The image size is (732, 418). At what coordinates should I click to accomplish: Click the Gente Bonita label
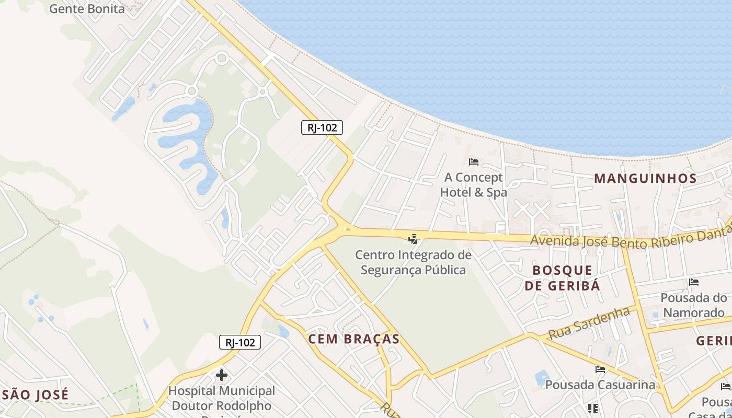tap(87, 8)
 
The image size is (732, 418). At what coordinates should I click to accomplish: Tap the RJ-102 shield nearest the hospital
tap(239, 343)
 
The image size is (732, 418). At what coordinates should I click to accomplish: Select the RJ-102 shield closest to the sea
tap(322, 127)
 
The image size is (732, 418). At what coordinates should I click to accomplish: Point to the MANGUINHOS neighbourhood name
tap(645, 179)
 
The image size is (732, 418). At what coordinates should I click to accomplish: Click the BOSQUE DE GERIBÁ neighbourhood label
tap(563, 278)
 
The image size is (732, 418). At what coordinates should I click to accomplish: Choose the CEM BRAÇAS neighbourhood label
tap(354, 339)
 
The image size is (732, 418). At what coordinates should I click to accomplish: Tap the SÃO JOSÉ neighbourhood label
tap(35, 395)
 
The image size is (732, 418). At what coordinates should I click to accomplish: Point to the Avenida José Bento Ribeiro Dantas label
tap(631, 238)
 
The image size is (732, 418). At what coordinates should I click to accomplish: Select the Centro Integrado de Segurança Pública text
tap(413, 262)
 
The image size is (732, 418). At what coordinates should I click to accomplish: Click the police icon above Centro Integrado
tap(413, 239)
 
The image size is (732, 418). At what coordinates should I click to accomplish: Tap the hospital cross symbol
tap(222, 375)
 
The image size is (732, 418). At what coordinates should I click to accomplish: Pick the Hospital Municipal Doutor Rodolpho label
tap(222, 398)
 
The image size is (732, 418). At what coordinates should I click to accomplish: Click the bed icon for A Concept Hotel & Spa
tap(474, 162)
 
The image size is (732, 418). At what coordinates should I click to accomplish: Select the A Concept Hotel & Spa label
tap(473, 185)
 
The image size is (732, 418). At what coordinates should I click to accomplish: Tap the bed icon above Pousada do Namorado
tap(694, 282)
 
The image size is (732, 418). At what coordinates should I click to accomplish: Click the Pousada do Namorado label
tap(693, 305)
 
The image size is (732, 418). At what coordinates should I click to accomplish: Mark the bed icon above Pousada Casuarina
tap(600, 369)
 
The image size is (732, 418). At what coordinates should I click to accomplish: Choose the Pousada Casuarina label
tap(600, 385)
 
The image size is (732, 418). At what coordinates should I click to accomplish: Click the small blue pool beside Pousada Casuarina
tap(542, 377)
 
